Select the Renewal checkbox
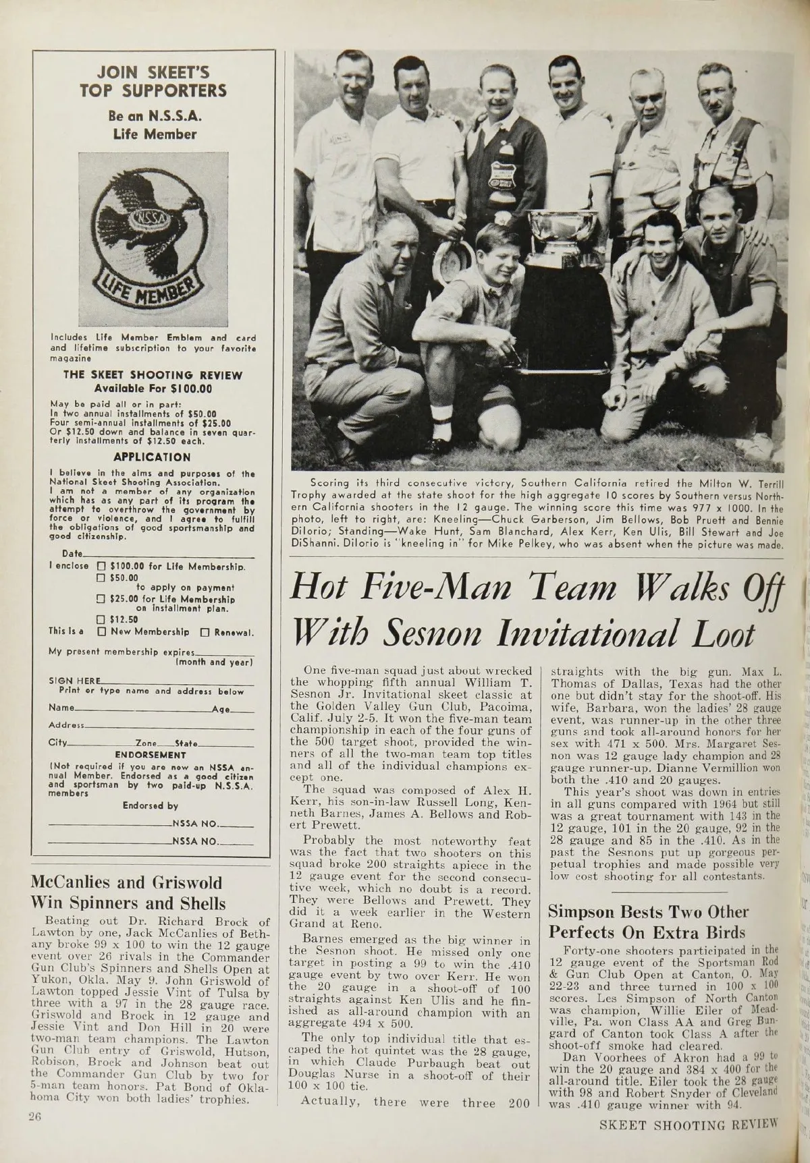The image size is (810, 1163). (x=208, y=633)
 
